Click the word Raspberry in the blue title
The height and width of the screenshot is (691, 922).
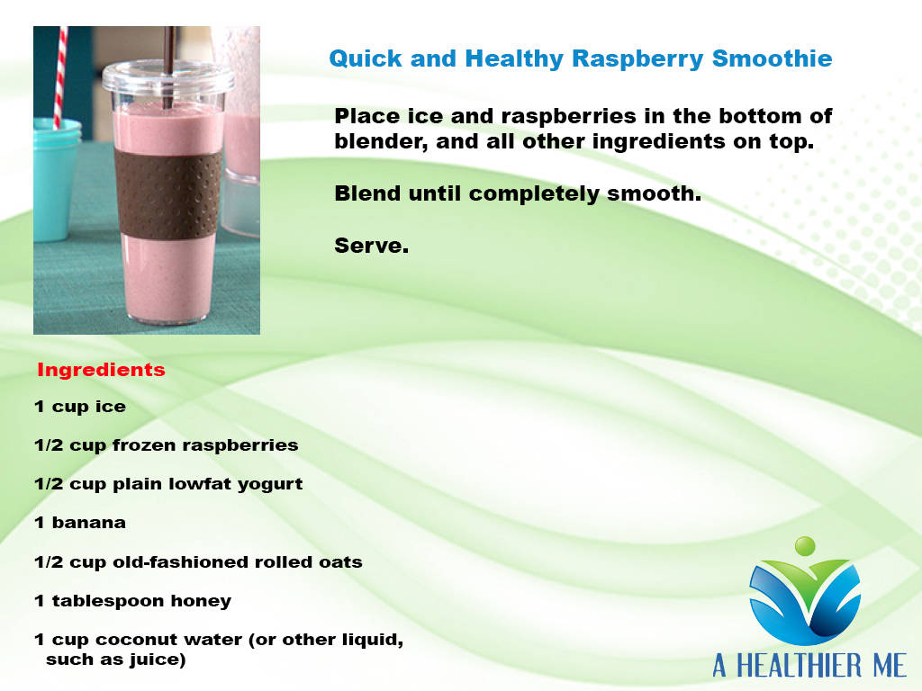tap(637, 59)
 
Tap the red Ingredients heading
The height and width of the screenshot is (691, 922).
tap(101, 370)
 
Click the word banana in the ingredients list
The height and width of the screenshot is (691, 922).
tap(89, 523)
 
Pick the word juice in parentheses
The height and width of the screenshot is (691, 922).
tap(158, 660)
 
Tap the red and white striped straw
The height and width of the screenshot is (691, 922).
tap(59, 77)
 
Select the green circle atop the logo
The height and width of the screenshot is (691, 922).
tap(805, 546)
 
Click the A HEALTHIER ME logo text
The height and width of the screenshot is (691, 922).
tap(809, 666)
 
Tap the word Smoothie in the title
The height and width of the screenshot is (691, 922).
tap(772, 58)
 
